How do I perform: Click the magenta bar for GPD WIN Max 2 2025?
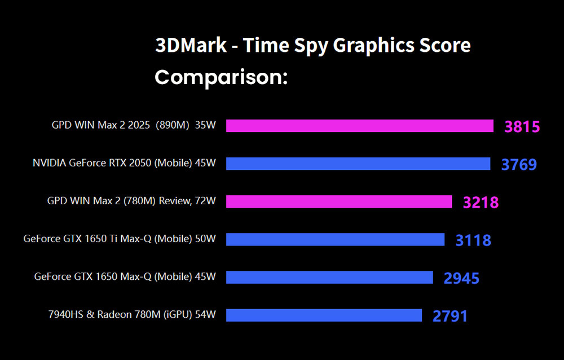pyautogui.click(x=359, y=126)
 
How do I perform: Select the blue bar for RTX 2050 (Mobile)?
pyautogui.click(x=358, y=164)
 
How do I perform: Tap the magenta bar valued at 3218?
pyautogui.click(x=339, y=201)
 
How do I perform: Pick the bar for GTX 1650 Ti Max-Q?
pyautogui.click(x=335, y=239)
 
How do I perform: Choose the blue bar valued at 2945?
pyautogui.click(x=329, y=277)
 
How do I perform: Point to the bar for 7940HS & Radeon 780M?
pyautogui.click(x=324, y=315)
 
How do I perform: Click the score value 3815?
pyautogui.click(x=522, y=127)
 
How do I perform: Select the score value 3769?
pyautogui.click(x=519, y=165)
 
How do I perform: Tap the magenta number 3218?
pyautogui.click(x=481, y=203)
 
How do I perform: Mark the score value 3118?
pyautogui.click(x=473, y=240)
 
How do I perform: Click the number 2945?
pyautogui.click(x=461, y=278)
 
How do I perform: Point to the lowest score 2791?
pyautogui.click(x=450, y=316)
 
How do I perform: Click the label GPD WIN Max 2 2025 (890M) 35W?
pyautogui.click(x=134, y=125)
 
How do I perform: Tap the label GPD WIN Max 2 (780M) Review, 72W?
pyautogui.click(x=131, y=201)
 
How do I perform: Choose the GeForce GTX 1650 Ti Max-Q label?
pyautogui.click(x=120, y=239)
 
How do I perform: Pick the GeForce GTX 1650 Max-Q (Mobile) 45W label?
pyautogui.click(x=125, y=276)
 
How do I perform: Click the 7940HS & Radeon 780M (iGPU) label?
pyautogui.click(x=132, y=314)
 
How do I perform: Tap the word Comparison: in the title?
pyautogui.click(x=221, y=77)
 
